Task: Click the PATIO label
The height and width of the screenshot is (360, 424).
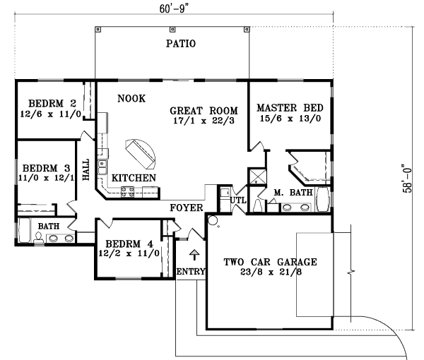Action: pyautogui.click(x=180, y=44)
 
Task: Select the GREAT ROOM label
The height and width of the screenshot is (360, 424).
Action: pyautogui.click(x=204, y=110)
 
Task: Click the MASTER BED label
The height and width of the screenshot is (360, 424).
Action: pyautogui.click(x=290, y=107)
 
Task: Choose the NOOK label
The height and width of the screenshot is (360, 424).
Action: pyautogui.click(x=131, y=99)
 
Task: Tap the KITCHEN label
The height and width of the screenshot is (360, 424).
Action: pyautogui.click(x=134, y=178)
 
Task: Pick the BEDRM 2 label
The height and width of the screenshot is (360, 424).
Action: pyautogui.click(x=48, y=102)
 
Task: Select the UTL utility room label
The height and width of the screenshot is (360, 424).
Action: pyautogui.click(x=237, y=200)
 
